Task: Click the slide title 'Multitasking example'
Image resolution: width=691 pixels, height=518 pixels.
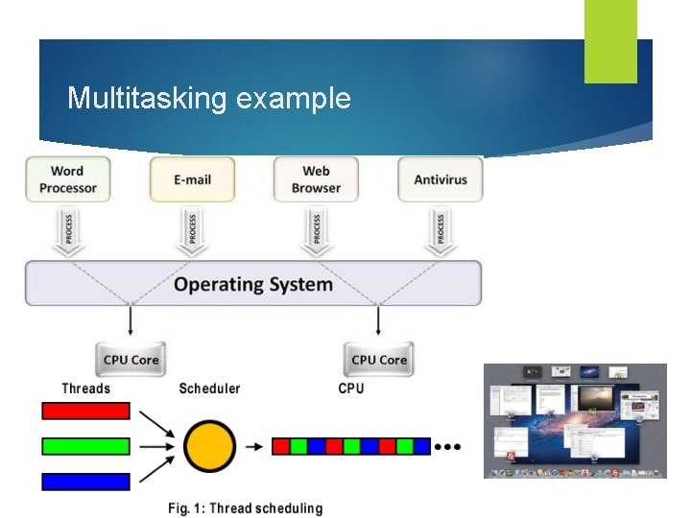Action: click(209, 98)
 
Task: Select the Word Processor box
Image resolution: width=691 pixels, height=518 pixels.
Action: click(68, 179)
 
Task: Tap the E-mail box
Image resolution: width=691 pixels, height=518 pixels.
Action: click(192, 179)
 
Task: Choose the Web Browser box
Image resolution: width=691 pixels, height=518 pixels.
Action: click(316, 179)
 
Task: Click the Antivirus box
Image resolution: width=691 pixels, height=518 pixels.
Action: click(441, 179)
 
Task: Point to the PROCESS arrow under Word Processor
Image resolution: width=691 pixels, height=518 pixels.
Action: click(68, 230)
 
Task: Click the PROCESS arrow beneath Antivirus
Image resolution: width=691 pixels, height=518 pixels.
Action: click(441, 230)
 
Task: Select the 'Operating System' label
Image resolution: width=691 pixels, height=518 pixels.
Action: click(253, 284)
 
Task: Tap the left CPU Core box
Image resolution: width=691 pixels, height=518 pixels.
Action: click(131, 360)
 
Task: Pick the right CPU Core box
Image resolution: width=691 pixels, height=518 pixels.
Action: click(379, 360)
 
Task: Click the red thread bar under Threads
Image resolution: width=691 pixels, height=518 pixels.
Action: click(85, 411)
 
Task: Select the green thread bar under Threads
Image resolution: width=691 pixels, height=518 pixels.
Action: click(85, 446)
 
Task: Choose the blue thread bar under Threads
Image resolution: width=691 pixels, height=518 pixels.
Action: click(85, 482)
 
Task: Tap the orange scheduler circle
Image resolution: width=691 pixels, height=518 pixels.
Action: click(209, 446)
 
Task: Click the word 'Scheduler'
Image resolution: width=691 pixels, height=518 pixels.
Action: click(209, 388)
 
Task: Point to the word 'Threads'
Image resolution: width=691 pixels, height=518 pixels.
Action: click(85, 388)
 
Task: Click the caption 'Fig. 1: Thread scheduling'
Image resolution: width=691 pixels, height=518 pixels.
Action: click(246, 508)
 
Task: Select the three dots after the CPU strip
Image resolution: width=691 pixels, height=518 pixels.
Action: click(448, 446)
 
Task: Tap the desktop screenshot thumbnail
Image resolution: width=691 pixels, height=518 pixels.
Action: click(574, 420)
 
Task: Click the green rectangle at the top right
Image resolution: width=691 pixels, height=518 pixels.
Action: click(610, 40)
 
